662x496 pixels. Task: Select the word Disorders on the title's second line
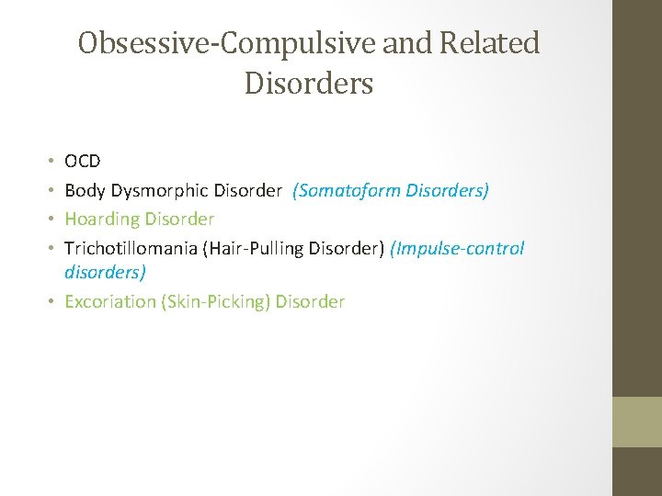pyautogui.click(x=309, y=84)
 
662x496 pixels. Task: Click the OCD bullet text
pyautogui.click(x=83, y=162)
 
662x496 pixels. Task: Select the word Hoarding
pyautogui.click(x=101, y=220)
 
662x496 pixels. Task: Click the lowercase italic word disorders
pyautogui.click(x=105, y=272)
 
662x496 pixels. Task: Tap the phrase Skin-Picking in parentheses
pyautogui.click(x=215, y=301)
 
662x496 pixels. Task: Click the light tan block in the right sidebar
pyautogui.click(x=637, y=422)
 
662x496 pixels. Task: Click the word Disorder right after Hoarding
pyautogui.click(x=178, y=220)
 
